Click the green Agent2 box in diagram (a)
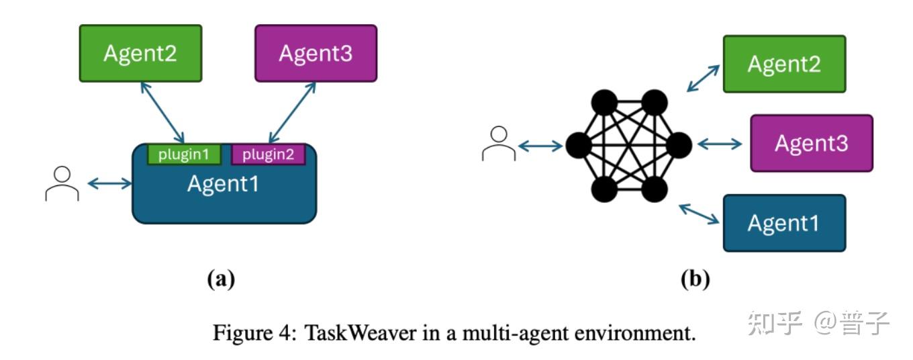click(140, 54)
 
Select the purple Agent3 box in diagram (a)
click(316, 54)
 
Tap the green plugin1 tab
click(184, 154)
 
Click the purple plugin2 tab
click(269, 154)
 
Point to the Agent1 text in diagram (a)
click(223, 183)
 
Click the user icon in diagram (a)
click(62, 184)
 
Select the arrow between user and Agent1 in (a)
click(109, 183)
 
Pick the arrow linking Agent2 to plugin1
click(162, 113)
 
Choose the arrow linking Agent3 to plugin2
click(292, 113)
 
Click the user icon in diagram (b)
click(499, 144)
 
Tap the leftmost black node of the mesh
click(579, 145)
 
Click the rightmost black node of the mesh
click(679, 145)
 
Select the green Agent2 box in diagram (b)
click(785, 64)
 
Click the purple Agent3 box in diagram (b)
click(812, 143)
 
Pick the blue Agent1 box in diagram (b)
click(785, 223)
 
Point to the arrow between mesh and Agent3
click(720, 144)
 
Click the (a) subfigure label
click(222, 279)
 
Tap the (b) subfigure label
click(695, 279)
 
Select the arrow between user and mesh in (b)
click(540, 146)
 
